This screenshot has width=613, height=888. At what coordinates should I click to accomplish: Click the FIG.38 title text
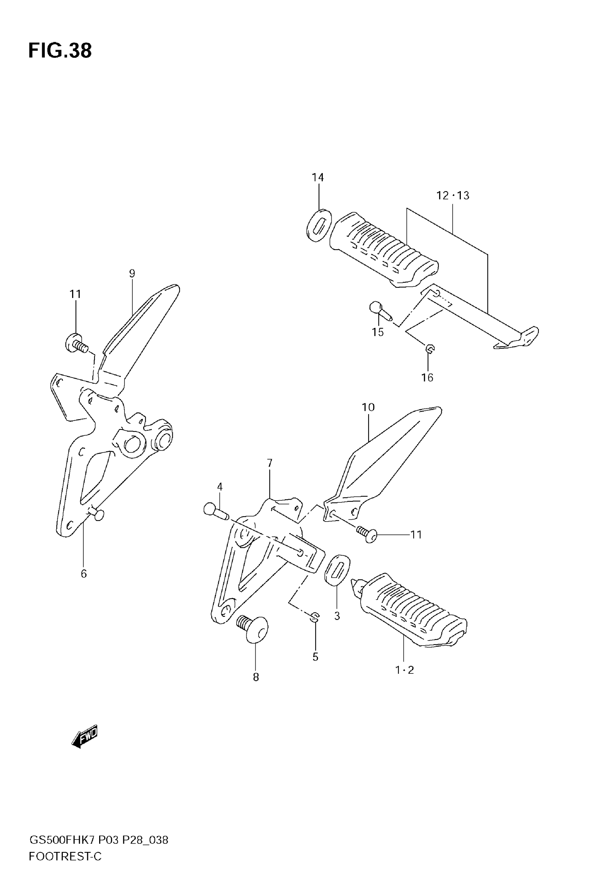(60, 51)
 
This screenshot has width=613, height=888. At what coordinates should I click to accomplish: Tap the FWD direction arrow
(85, 737)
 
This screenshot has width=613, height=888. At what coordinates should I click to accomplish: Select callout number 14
(318, 177)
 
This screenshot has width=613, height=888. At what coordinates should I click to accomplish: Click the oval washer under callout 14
(319, 225)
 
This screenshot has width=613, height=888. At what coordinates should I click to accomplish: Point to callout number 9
(132, 273)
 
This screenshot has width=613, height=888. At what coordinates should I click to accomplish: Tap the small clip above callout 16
(430, 349)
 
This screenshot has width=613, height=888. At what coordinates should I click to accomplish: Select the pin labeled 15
(380, 310)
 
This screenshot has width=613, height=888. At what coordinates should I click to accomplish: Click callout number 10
(368, 407)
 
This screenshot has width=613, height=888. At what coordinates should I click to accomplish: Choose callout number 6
(84, 574)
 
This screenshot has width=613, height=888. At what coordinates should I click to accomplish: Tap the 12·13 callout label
(453, 195)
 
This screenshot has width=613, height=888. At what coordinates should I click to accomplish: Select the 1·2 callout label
(405, 670)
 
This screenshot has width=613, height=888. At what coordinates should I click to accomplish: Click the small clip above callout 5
(315, 617)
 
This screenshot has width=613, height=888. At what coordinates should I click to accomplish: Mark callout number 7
(270, 463)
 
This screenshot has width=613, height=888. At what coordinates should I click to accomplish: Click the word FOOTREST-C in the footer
(65, 857)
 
